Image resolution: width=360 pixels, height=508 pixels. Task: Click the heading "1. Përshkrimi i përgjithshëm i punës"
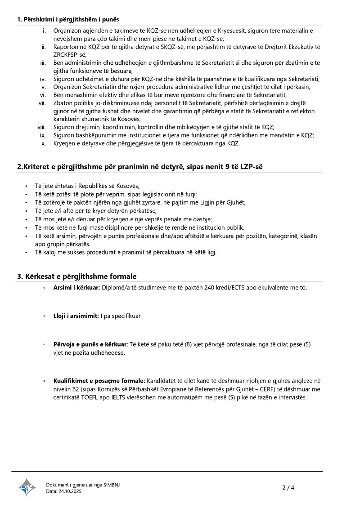(68, 19)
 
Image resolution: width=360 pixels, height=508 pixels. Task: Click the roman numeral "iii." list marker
(43, 63)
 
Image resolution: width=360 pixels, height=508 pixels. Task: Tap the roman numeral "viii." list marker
(42, 127)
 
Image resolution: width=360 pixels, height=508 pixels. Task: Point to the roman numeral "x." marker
(44, 143)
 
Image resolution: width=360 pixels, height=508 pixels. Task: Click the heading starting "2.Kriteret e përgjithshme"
(140, 167)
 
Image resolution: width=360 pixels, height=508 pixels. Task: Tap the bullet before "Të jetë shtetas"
(27, 186)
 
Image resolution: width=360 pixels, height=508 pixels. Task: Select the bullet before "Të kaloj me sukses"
(27, 252)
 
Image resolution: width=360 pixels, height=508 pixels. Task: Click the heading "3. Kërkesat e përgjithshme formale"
(76, 276)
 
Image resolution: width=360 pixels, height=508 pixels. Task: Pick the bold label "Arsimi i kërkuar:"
(76, 287)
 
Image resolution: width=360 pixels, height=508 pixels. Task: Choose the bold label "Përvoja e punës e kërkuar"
(90, 344)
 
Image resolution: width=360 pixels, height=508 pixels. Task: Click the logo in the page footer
(27, 487)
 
